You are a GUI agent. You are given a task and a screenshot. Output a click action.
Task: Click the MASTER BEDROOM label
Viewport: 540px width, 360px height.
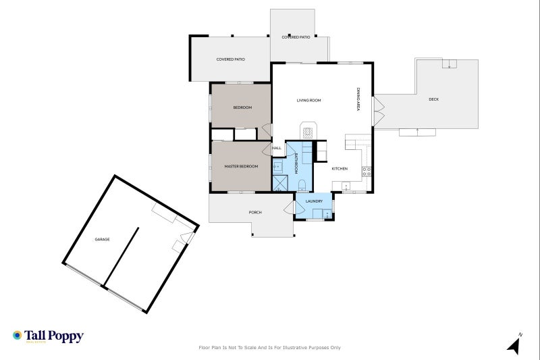click(241, 166)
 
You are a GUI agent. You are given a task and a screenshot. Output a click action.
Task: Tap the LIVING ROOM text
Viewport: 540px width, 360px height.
click(308, 101)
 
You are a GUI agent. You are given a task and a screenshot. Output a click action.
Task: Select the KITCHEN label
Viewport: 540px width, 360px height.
click(340, 169)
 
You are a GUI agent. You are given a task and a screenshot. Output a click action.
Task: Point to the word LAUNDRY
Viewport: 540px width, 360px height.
click(314, 201)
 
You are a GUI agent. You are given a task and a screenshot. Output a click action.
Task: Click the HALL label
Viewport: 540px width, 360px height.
click(277, 148)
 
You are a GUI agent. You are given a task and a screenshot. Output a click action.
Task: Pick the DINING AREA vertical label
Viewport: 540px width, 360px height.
click(358, 99)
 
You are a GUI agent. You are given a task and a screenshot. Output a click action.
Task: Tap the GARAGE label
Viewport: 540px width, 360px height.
click(103, 239)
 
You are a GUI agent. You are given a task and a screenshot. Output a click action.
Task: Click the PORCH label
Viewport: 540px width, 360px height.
click(255, 213)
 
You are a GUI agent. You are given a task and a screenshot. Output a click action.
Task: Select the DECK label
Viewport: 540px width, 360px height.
click(434, 99)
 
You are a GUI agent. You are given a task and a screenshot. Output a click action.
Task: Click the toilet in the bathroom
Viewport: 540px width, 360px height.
click(302, 184)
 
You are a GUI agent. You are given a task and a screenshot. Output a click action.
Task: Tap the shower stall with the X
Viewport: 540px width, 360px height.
click(280, 183)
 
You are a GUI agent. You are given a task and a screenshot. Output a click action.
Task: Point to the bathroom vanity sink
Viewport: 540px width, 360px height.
click(277, 167)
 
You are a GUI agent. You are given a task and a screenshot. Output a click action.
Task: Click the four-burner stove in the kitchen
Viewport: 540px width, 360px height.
click(367, 172)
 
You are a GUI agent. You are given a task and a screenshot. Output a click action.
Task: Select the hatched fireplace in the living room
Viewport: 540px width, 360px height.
click(308, 132)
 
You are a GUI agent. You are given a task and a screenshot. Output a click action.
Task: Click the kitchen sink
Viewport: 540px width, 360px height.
click(346, 186)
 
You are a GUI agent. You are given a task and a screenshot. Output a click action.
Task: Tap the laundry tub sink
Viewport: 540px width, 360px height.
click(327, 214)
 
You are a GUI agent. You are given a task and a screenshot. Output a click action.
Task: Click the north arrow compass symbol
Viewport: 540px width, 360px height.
click(515, 344)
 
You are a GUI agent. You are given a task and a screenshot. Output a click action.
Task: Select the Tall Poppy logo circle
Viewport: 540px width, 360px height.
click(18, 335)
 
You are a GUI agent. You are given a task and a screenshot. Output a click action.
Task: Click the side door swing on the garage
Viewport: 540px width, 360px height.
click(188, 237)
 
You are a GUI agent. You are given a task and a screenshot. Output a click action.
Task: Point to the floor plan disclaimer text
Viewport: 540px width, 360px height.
click(269, 348)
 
